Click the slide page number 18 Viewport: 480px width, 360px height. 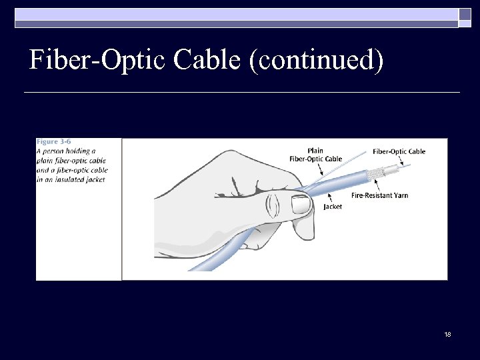(x=447, y=333)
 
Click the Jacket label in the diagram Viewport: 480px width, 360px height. (x=333, y=207)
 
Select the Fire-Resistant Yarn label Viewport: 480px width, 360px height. (x=379, y=195)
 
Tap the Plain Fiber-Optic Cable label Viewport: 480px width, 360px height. (x=315, y=155)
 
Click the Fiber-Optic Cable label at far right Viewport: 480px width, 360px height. (x=399, y=151)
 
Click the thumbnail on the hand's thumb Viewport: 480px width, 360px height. (x=302, y=205)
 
